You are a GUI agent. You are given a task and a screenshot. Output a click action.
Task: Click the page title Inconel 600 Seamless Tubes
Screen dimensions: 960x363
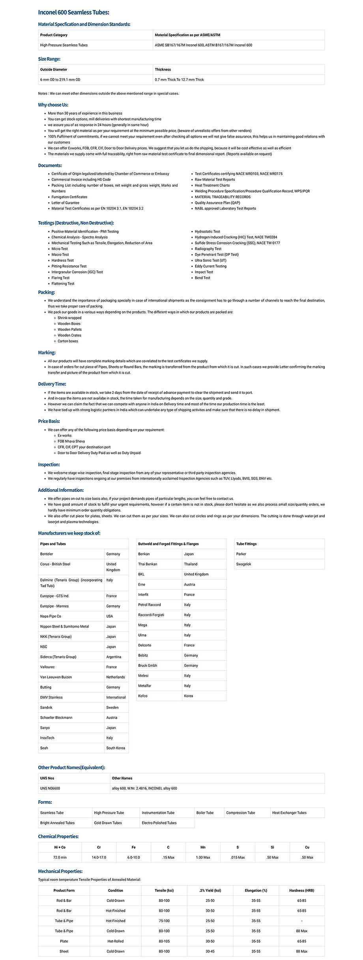pyautogui.click(x=73, y=13)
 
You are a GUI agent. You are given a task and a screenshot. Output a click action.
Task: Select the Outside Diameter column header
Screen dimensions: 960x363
pyautogui.click(x=54, y=69)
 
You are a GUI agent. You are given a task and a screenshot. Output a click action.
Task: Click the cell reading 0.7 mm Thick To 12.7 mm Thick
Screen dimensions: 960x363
pyautogui.click(x=179, y=80)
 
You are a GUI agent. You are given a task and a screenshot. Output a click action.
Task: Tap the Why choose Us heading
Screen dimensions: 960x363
pyautogui.click(x=53, y=105)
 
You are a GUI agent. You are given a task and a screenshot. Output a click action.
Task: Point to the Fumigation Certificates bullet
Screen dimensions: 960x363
pyautogui.click(x=69, y=197)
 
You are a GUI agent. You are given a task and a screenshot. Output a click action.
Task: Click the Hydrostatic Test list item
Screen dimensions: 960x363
pyautogui.click(x=207, y=231)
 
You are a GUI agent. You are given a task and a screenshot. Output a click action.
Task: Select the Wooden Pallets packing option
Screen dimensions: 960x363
pyautogui.click(x=69, y=330)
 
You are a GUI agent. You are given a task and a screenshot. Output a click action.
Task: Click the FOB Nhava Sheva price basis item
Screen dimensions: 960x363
pyautogui.click(x=71, y=441)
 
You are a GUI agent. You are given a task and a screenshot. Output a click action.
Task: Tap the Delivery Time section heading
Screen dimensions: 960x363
pyautogui.click(x=52, y=384)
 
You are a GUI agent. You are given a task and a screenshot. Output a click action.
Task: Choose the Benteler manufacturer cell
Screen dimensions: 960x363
pyautogui.click(x=47, y=554)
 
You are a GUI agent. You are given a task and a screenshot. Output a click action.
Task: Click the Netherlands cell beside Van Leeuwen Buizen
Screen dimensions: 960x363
pyautogui.click(x=115, y=677)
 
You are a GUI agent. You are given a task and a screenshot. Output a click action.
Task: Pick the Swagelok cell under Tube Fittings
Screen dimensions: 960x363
pyautogui.click(x=243, y=564)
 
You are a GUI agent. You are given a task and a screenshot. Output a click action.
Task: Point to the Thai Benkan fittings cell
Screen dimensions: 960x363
pyautogui.click(x=148, y=564)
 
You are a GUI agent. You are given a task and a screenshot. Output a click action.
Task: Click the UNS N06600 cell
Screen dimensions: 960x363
pyautogui.click(x=50, y=788)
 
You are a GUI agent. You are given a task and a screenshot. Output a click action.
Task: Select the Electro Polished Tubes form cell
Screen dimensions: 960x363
pyautogui.click(x=159, y=823)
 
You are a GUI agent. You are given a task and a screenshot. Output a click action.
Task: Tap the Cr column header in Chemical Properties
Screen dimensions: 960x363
pyautogui.click(x=99, y=847)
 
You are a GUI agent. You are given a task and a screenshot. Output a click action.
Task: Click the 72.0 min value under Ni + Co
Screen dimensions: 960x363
pyautogui.click(x=60, y=857)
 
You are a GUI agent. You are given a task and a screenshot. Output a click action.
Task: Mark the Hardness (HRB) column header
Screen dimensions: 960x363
pyautogui.click(x=301, y=890)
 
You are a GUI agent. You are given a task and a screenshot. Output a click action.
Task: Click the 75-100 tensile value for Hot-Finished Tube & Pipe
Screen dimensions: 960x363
pyautogui.click(x=164, y=921)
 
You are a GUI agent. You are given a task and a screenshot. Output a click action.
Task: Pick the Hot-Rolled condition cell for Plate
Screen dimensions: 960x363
pyautogui.click(x=115, y=941)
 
